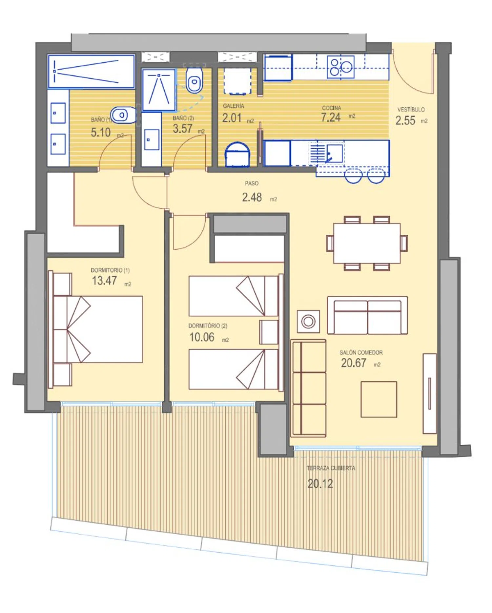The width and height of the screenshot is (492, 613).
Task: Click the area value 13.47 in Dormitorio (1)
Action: [104, 281]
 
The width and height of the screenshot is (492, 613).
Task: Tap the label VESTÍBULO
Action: [411, 110]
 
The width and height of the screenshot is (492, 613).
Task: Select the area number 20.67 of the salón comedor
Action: [354, 363]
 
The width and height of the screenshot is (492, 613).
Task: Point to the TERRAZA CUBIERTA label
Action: [331, 468]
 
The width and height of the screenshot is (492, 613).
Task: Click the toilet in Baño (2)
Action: [195, 80]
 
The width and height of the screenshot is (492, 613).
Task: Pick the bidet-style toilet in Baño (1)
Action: [123, 115]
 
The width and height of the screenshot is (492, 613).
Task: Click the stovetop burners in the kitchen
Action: [341, 67]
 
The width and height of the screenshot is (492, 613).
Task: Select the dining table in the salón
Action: [367, 243]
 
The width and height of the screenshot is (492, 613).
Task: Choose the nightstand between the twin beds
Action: [269, 332]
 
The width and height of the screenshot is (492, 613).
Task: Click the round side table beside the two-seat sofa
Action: [308, 321]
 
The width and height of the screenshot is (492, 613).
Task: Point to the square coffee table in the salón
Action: [379, 399]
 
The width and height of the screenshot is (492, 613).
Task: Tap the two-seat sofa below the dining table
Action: [367, 315]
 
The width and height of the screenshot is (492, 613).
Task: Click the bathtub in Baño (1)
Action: [91, 72]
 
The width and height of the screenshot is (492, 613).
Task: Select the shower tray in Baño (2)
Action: [159, 90]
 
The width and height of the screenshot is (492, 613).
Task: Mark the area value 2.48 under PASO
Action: [252, 197]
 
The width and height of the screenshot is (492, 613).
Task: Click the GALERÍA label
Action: [234, 106]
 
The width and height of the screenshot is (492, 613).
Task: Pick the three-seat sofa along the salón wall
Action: [308, 388]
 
